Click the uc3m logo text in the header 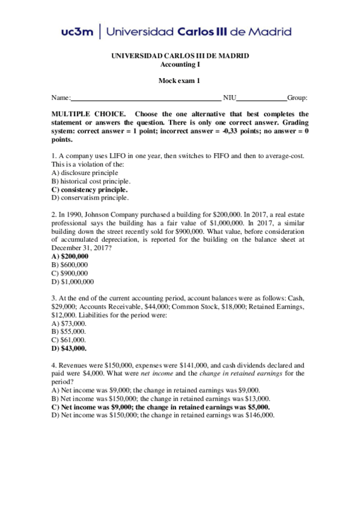point(78,32)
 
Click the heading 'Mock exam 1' point(179,81)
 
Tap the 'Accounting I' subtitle point(180,64)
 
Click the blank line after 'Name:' point(146,98)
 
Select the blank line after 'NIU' point(261,98)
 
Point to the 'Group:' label point(297,98)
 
